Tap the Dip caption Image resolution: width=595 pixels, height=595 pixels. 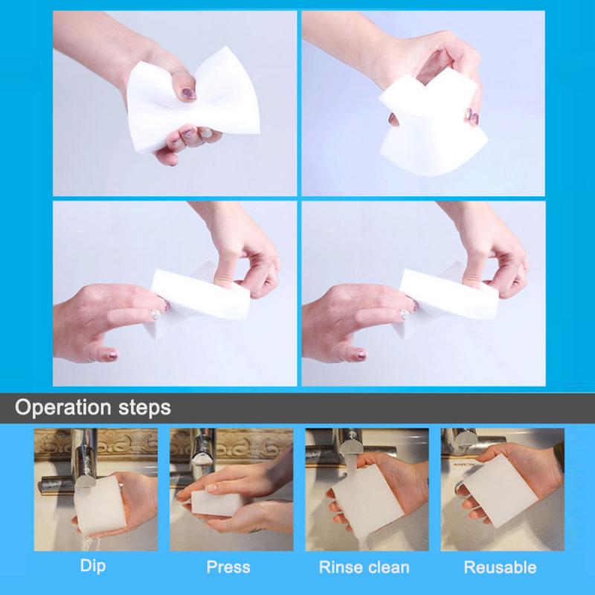92,566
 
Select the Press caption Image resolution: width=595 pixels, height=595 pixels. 228,567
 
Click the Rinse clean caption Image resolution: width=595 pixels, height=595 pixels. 364,567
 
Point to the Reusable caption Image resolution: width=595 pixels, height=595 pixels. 500,567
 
